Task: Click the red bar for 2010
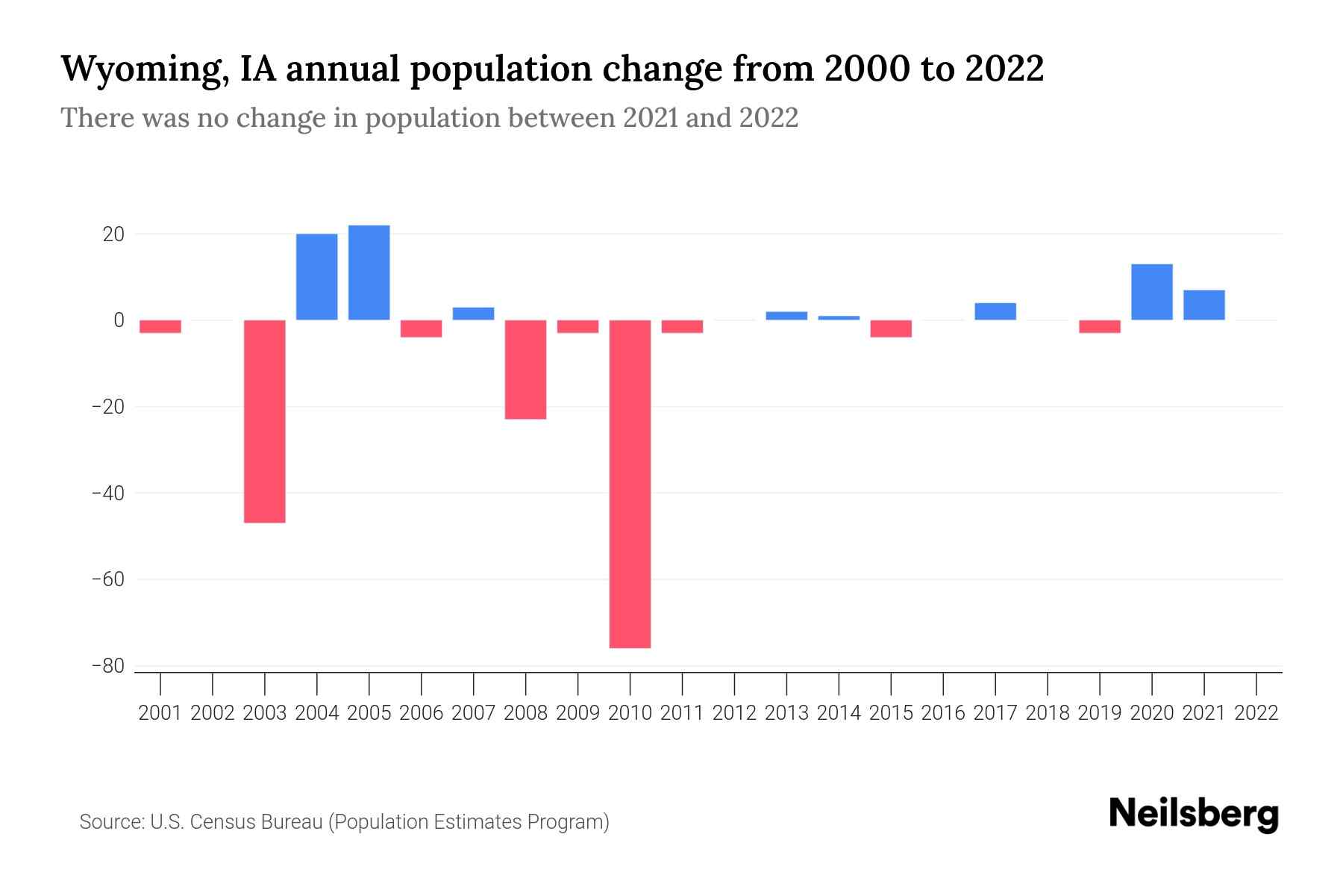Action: point(630,484)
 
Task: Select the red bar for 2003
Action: point(265,421)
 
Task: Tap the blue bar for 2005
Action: point(369,273)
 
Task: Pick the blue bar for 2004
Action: point(316,277)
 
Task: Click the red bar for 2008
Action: point(525,370)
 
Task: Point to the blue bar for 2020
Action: point(1151,292)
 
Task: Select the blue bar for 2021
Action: point(1203,305)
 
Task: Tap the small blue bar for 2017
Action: point(995,311)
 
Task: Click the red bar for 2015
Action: point(891,329)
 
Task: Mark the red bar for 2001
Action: point(160,326)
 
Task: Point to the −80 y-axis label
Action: point(107,666)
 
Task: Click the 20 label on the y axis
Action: point(113,234)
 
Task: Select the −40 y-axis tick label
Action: point(107,494)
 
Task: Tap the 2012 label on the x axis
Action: point(734,713)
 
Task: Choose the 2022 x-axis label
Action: point(1256,713)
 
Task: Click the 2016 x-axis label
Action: point(943,713)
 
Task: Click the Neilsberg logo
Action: point(1194,814)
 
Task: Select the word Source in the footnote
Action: point(111,822)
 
